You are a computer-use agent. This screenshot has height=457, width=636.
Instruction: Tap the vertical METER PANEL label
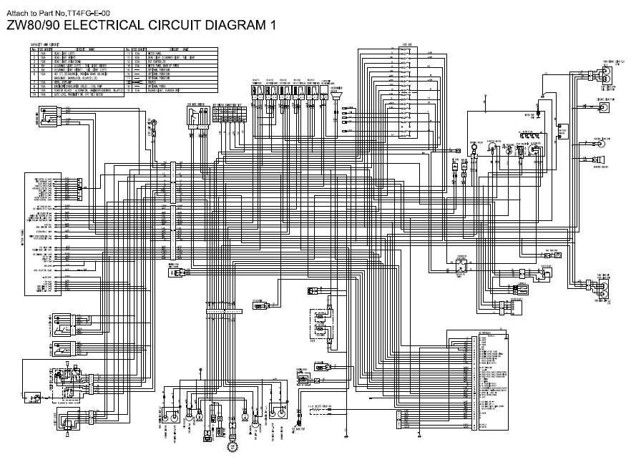[26, 232]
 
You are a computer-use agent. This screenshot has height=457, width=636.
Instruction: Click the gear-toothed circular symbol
[232, 448]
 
